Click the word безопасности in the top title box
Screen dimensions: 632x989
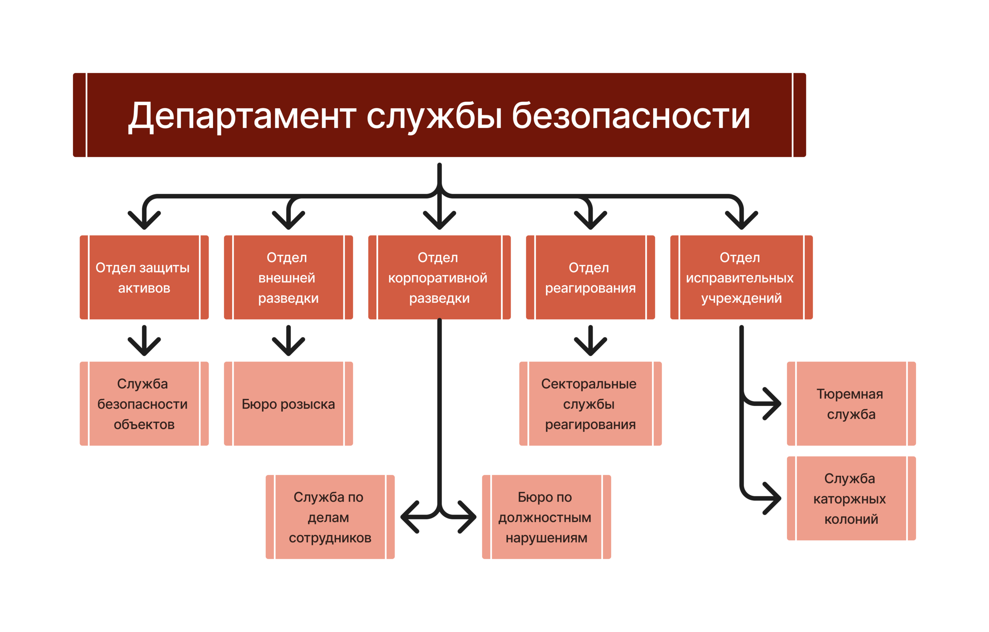tap(631, 116)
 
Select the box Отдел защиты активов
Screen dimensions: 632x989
tap(144, 278)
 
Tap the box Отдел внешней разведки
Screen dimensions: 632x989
tap(288, 278)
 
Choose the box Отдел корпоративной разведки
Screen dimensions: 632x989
tap(439, 278)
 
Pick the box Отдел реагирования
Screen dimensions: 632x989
tap(590, 278)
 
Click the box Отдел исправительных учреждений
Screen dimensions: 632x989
tap(741, 278)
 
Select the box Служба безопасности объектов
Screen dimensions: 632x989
tap(144, 404)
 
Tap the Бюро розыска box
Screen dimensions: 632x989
tap(288, 404)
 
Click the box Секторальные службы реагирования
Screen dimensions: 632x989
tap(590, 404)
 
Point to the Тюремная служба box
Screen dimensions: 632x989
tap(851, 404)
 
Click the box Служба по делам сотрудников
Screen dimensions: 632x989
tap(330, 517)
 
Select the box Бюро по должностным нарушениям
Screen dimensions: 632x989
tap(546, 517)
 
